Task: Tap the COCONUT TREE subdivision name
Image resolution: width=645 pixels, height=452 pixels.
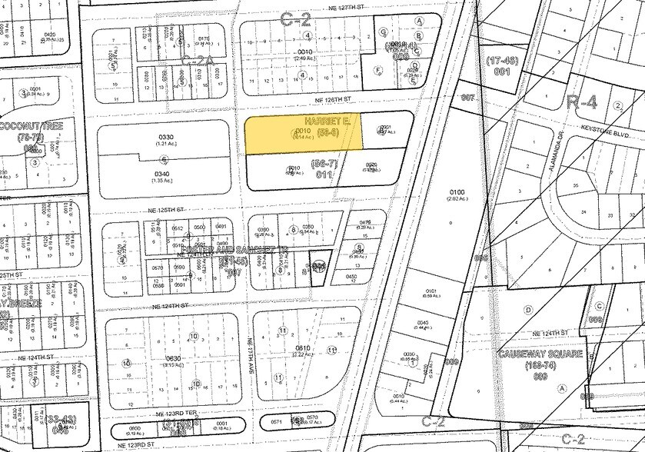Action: tap(32, 125)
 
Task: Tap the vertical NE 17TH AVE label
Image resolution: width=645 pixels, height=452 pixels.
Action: tap(251, 350)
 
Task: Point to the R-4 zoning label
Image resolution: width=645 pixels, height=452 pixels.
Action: tap(581, 101)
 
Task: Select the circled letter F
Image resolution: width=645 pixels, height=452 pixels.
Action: tap(379, 69)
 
